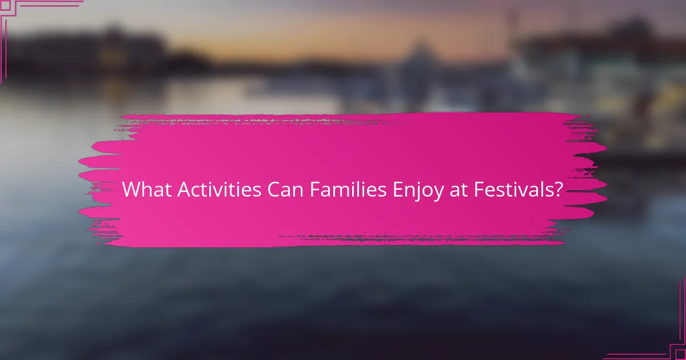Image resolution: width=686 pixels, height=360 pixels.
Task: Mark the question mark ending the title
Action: click(557, 190)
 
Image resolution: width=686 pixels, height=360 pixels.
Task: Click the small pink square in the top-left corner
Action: click(5, 5)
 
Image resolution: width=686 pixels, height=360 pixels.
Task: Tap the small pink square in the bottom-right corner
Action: click(680, 354)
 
